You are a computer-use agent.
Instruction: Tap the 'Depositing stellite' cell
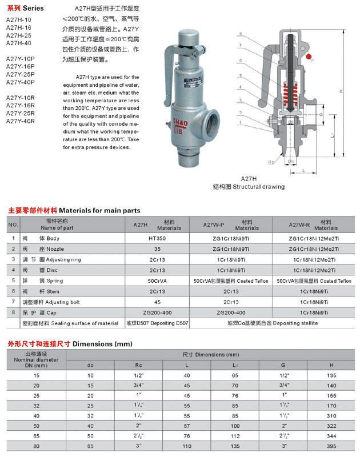[269, 323]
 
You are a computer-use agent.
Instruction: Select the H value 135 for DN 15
[331, 376]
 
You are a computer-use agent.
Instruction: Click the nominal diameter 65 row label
[37, 435]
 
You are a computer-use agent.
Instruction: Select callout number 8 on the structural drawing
[241, 34]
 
